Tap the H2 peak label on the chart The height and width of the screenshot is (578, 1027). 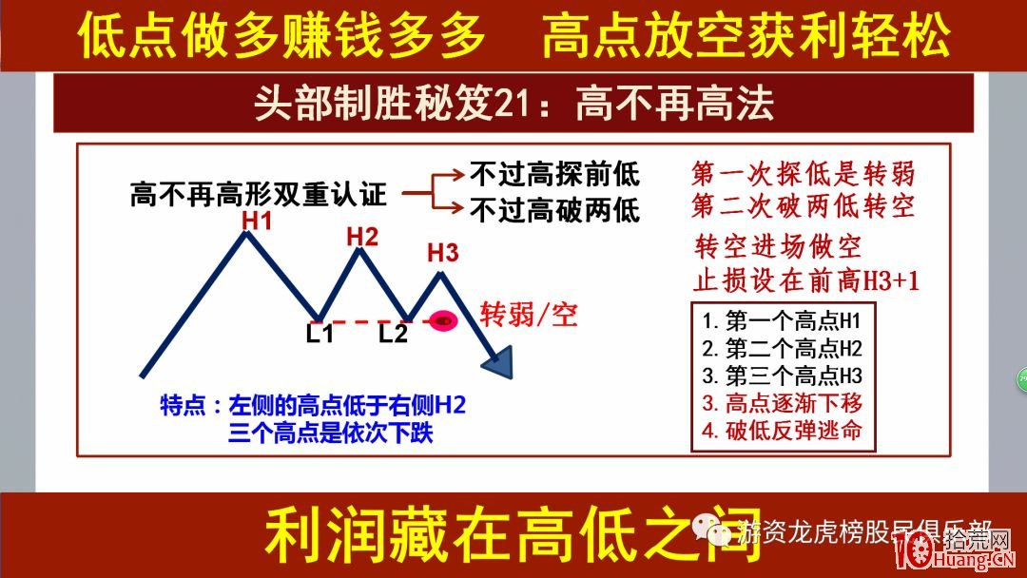(x=362, y=236)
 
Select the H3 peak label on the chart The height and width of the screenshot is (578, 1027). (x=443, y=254)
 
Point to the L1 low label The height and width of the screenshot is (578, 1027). (x=320, y=334)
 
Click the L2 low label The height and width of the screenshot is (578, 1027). (x=393, y=334)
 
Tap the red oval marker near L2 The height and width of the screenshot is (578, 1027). (x=443, y=321)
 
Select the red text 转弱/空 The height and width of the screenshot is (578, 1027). (x=529, y=315)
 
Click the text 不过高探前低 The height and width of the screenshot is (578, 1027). (x=555, y=175)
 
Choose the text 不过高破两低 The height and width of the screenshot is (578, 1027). (x=555, y=209)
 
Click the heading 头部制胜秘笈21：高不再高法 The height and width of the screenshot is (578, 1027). (x=513, y=104)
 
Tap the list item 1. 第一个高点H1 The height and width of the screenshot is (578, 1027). (x=782, y=319)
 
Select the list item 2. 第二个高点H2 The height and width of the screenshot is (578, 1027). (x=782, y=347)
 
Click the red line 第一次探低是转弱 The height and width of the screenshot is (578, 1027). (x=804, y=174)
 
